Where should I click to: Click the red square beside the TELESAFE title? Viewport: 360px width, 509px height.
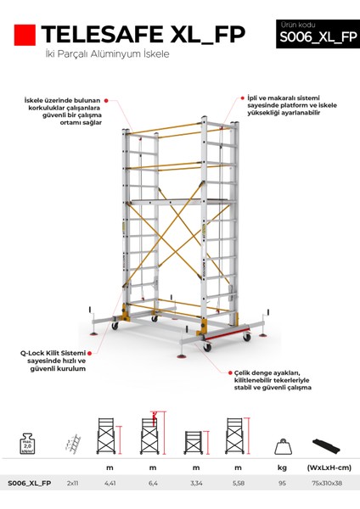pyautogui.click(x=25, y=35)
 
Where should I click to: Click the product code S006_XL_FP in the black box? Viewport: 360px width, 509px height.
pyautogui.click(x=312, y=36)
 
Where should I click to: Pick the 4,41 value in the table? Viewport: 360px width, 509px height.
pyautogui.click(x=110, y=484)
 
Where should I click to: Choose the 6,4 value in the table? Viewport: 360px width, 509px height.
pyautogui.click(x=153, y=484)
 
